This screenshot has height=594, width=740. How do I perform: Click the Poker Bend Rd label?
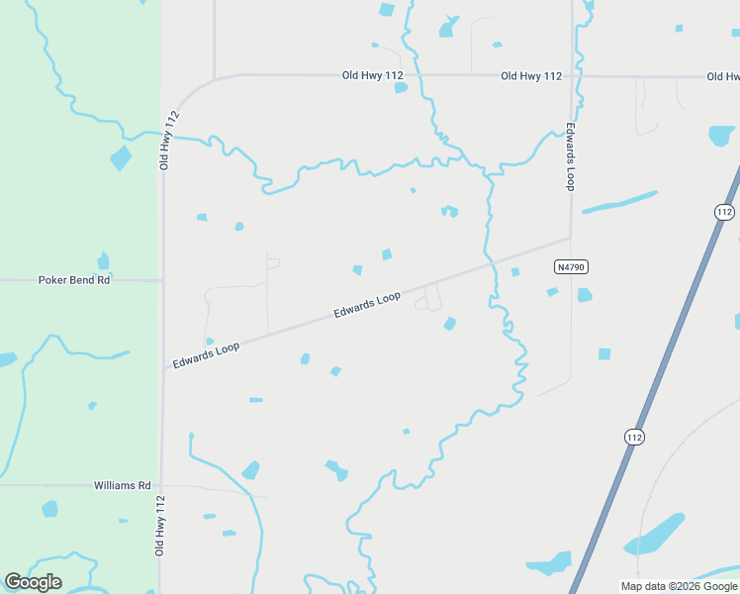pyautogui.click(x=74, y=280)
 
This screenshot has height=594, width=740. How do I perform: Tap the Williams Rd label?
pyautogui.click(x=122, y=486)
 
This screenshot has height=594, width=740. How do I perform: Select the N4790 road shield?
pyautogui.click(x=571, y=266)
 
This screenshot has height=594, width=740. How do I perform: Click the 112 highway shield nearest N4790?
pyautogui.click(x=724, y=212)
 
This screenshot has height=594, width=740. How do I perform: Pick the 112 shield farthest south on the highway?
pyautogui.click(x=634, y=437)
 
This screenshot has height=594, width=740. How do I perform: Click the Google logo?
pyautogui.click(x=33, y=582)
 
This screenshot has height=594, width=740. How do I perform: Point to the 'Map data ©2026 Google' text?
pyautogui.click(x=679, y=586)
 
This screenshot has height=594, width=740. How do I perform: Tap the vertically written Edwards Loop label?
pyautogui.click(x=571, y=156)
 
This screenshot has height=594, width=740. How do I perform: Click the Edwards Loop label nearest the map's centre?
pyautogui.click(x=367, y=304)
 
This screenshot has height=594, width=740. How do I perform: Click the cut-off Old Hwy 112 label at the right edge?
pyautogui.click(x=722, y=76)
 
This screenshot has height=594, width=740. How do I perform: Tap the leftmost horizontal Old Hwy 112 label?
pyautogui.click(x=373, y=75)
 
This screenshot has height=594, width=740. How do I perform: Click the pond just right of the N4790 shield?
pyautogui.click(x=585, y=295)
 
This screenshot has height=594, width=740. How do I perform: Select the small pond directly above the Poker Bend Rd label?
pyautogui.click(x=104, y=261)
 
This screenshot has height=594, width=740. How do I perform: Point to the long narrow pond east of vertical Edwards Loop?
pyautogui.click(x=619, y=202)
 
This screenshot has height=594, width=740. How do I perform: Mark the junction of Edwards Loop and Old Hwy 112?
pyautogui.click(x=162, y=368)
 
